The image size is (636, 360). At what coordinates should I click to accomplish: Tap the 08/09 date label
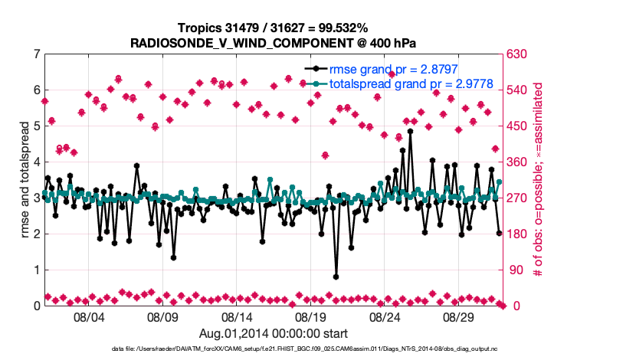pos(162,316)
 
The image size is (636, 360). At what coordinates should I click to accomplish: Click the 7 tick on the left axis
pos(36,54)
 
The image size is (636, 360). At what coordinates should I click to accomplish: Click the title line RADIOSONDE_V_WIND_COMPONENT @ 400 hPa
pos(274,42)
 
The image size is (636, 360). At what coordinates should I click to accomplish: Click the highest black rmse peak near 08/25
pos(411,131)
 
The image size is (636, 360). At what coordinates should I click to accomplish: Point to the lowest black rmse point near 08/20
pos(336,277)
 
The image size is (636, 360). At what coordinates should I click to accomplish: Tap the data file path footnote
pos(274,349)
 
